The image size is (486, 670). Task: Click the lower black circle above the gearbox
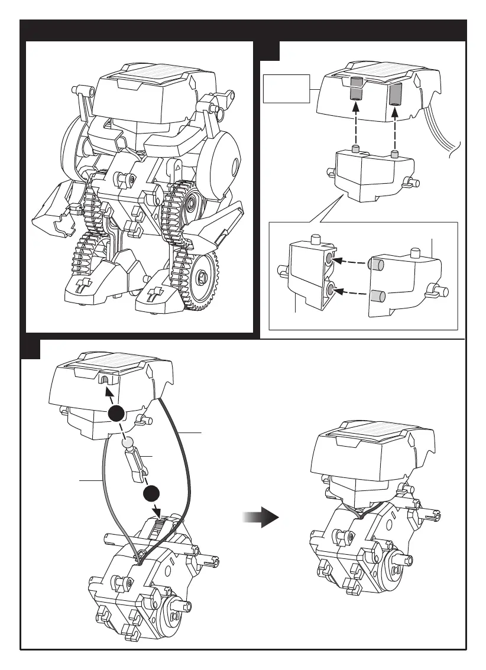152,493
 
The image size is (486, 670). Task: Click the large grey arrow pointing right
260,518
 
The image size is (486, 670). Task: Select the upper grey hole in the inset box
329,259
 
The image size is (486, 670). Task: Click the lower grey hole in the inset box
330,290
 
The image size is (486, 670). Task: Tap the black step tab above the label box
270,51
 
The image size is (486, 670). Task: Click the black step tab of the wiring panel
30,349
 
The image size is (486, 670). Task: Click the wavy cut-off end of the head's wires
455,154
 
